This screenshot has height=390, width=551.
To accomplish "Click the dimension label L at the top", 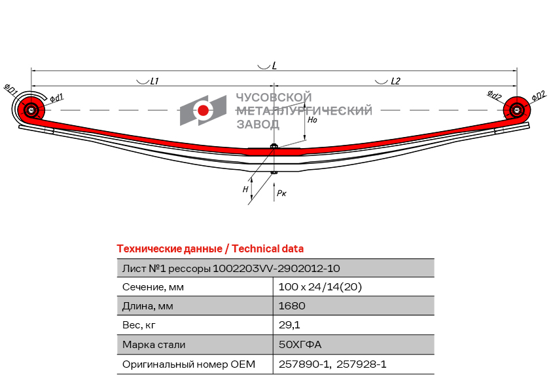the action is click(x=274, y=66).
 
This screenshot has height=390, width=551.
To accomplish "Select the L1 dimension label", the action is click(x=154, y=81).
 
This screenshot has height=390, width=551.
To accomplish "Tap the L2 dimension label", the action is click(x=395, y=81).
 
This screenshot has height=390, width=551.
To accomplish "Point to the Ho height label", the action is click(x=312, y=120).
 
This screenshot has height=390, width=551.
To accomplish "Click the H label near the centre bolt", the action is click(x=245, y=189).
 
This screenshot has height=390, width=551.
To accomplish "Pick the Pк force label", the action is click(x=281, y=193).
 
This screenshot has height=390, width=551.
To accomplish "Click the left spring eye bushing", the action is click(x=31, y=110).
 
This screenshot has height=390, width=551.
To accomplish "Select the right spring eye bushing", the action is click(x=516, y=110).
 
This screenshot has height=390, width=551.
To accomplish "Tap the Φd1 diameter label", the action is click(x=56, y=98).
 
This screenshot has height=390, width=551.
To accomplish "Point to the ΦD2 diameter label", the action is click(x=539, y=96).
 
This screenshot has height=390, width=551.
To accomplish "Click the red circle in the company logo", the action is click(x=203, y=110).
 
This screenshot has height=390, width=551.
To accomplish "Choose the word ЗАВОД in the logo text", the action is click(x=258, y=125).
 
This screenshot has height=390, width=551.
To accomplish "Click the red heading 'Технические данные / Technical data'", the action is click(x=210, y=249).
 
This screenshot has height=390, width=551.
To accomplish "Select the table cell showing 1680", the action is click(x=292, y=305).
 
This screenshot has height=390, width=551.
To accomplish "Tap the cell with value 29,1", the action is click(x=289, y=325).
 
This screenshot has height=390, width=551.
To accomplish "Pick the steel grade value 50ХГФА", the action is click(x=300, y=344).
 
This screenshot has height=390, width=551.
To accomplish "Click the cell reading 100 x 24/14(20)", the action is click(x=320, y=287).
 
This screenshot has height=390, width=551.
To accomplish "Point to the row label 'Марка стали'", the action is click(x=154, y=345).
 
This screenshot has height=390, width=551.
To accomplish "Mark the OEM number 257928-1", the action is click(x=361, y=364).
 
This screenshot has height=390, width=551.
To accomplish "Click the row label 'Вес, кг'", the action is click(x=139, y=325).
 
